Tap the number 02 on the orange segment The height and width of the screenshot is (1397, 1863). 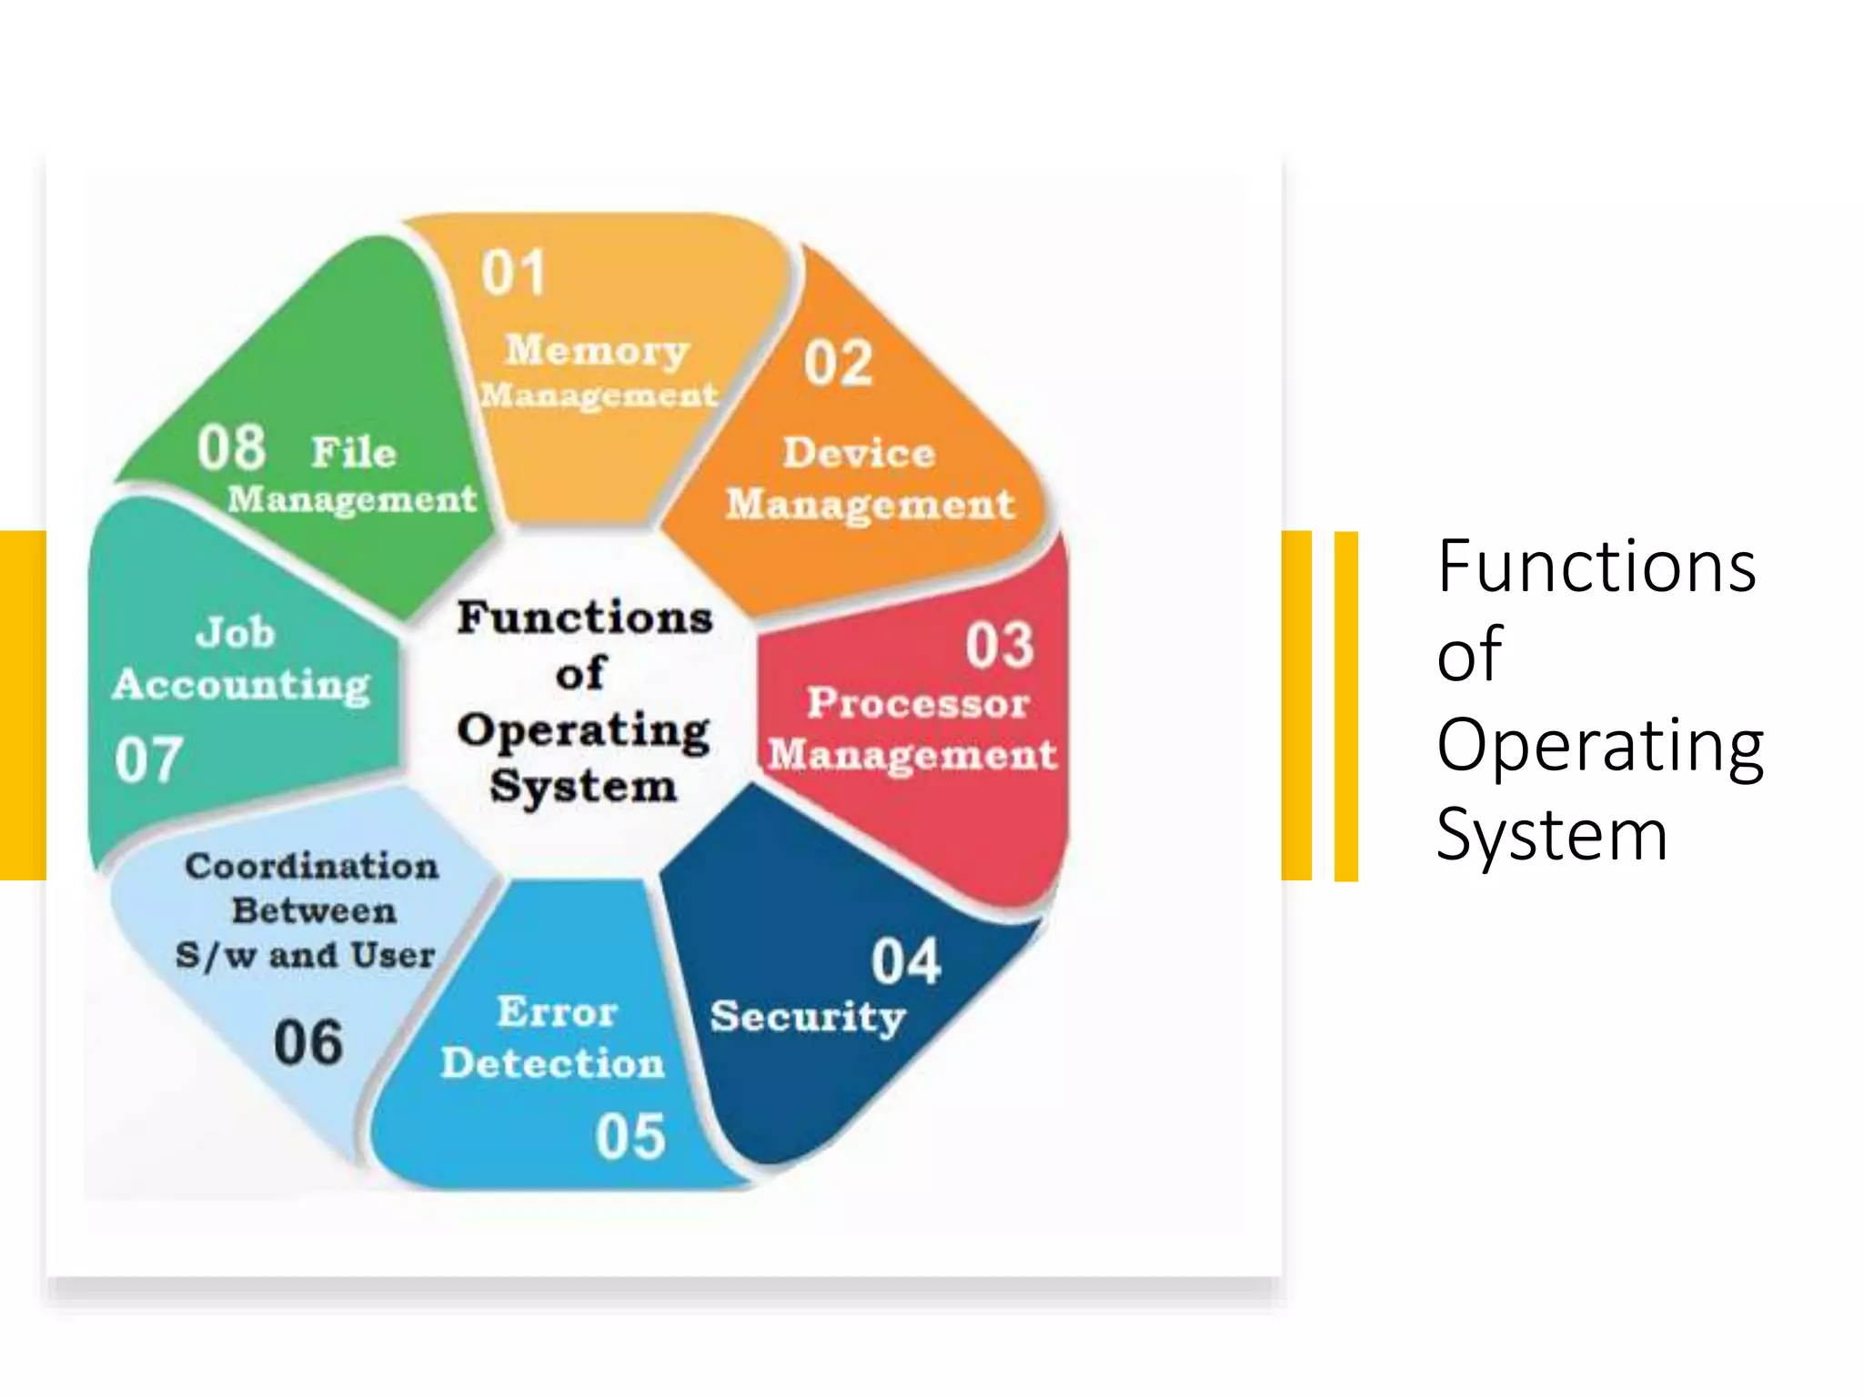(x=838, y=363)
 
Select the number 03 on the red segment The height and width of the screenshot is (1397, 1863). (x=999, y=645)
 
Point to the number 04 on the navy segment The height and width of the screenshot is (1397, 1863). (x=905, y=961)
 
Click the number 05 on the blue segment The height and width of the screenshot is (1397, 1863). (x=630, y=1136)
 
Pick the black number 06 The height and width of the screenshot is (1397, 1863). (x=308, y=1042)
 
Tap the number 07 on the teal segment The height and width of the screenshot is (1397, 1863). (x=148, y=759)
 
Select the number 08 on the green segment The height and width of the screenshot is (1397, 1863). (x=231, y=447)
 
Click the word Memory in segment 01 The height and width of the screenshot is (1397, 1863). (x=598, y=350)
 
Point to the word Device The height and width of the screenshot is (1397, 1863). (x=860, y=452)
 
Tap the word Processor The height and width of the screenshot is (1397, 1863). (x=918, y=703)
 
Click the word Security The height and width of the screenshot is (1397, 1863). (x=808, y=1017)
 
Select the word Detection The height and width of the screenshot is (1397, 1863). (x=553, y=1063)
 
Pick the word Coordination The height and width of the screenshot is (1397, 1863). (x=312, y=866)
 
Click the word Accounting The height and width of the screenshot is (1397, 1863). (x=242, y=685)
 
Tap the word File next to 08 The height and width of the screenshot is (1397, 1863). (x=354, y=452)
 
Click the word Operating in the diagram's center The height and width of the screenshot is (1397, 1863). (x=584, y=731)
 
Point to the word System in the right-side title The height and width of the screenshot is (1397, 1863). (x=1552, y=834)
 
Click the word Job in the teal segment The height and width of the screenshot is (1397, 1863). (x=236, y=632)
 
